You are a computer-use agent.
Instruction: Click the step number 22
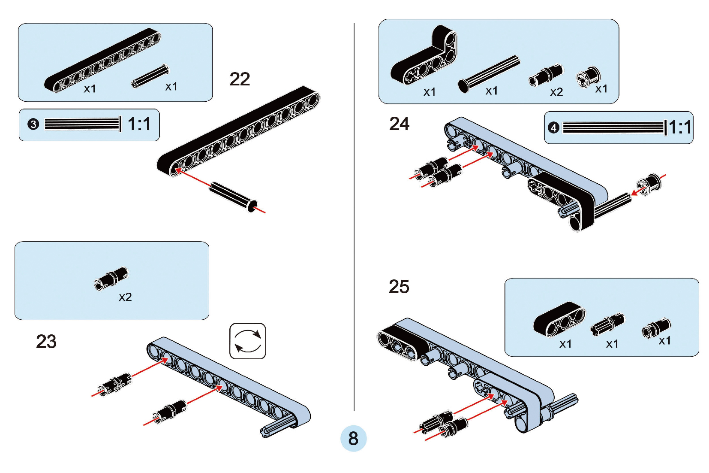coord(240,79)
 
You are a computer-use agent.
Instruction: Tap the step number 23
coord(46,342)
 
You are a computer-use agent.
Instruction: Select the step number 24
coord(399,124)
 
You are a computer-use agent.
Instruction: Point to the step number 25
coord(399,287)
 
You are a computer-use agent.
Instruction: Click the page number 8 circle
coord(353,438)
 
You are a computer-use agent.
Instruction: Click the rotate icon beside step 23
coord(248,341)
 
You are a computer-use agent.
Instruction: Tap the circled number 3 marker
coord(33,124)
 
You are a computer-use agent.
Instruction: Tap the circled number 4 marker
coord(553,127)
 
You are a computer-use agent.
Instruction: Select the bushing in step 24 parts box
coord(588,77)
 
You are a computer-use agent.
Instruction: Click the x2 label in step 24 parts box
coord(556,92)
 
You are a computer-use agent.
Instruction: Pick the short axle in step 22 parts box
coord(150,76)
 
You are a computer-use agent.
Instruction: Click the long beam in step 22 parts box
coord(102,60)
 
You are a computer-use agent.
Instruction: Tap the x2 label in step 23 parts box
coord(125,297)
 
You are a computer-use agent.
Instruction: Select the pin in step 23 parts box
coord(111,278)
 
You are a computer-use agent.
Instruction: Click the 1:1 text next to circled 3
coord(139,124)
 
